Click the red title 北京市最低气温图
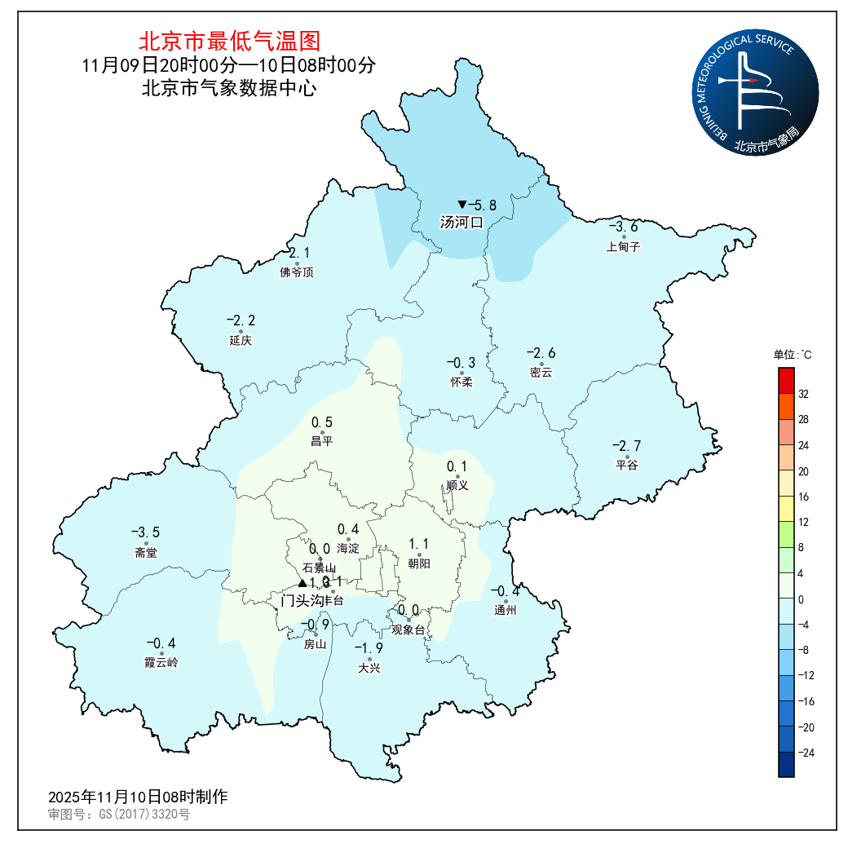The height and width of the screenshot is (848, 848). pyautogui.click(x=229, y=41)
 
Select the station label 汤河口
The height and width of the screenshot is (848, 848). pyautogui.click(x=462, y=222)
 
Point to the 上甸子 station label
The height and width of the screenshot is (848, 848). pyautogui.click(x=624, y=247)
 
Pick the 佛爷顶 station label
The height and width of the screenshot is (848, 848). pyautogui.click(x=297, y=272)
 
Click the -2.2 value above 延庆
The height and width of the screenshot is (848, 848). pyautogui.click(x=241, y=320)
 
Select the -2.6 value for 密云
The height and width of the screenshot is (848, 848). pyautogui.click(x=541, y=353)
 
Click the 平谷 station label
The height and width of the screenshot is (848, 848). pyautogui.click(x=627, y=466)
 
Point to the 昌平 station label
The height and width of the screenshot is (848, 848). pyautogui.click(x=322, y=442)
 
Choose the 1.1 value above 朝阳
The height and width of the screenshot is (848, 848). pyautogui.click(x=419, y=544)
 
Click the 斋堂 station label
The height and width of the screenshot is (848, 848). pyautogui.click(x=146, y=553)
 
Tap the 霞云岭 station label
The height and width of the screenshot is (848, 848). pyautogui.click(x=161, y=663)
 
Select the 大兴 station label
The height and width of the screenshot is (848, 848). pyautogui.click(x=369, y=669)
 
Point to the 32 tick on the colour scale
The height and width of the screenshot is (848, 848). pyautogui.click(x=803, y=395)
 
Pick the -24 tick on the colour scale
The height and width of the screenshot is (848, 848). pyautogui.click(x=805, y=753)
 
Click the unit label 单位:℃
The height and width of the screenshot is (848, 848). pyautogui.click(x=793, y=355)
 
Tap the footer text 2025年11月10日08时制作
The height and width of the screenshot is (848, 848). pyautogui.click(x=138, y=797)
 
